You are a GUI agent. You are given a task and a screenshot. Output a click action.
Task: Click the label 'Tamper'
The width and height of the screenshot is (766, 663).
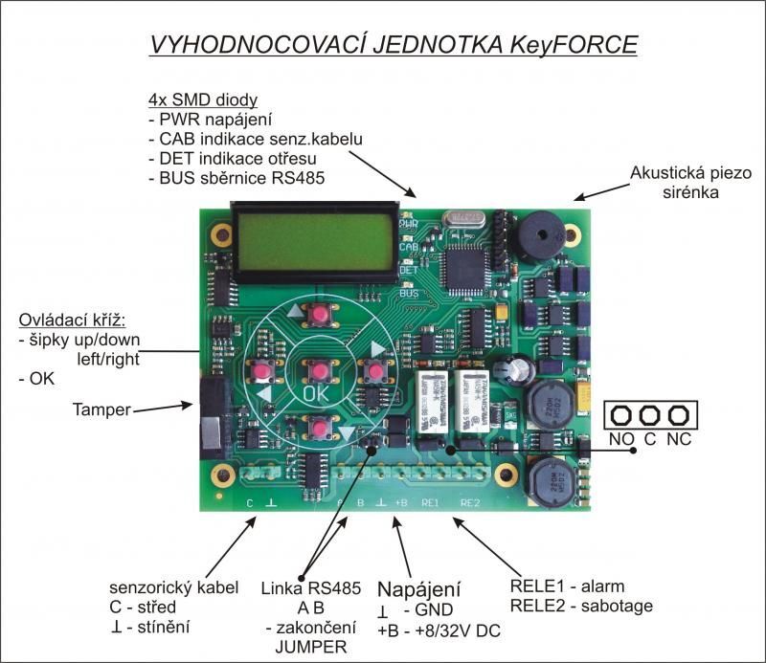point(101,409)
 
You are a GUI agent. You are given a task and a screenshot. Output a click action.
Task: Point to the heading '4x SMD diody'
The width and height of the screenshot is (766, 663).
point(202,100)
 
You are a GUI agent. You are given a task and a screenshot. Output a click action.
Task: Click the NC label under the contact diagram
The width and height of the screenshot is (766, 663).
point(680,442)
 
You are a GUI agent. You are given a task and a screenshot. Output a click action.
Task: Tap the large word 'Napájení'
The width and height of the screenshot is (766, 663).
point(419,587)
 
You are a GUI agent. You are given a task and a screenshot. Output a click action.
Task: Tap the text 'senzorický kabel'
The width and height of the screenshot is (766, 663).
point(160,587)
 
